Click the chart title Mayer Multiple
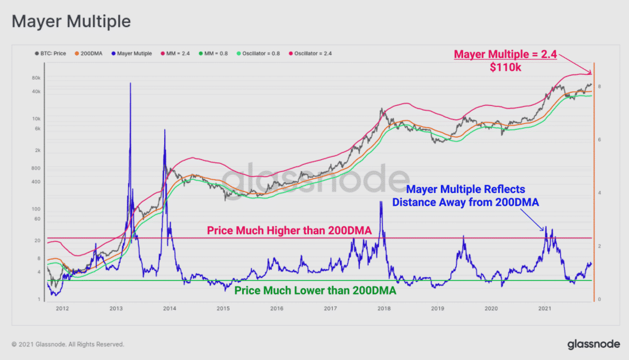coord(71,22)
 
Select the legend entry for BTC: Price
coord(51,54)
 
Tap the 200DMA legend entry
coord(92,54)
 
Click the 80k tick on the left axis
coord(37,78)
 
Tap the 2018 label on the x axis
coord(384,308)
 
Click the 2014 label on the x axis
coord(170,308)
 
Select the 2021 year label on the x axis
coord(545,308)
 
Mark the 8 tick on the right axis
coord(599,86)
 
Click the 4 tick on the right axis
coord(599,193)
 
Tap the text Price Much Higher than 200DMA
coord(289,231)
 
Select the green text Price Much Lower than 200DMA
coord(315,291)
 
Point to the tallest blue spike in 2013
coord(130,84)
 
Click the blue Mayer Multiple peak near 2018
coord(381,203)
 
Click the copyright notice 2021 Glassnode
coord(67,344)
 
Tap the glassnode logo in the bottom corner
coord(593,344)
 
